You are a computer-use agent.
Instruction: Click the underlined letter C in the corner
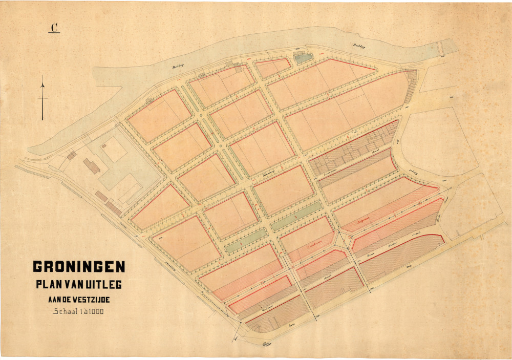point(54,28)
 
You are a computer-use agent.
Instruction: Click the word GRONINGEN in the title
point(79,267)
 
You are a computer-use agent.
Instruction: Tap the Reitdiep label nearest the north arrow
point(178,66)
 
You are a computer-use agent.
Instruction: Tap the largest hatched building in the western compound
point(92,165)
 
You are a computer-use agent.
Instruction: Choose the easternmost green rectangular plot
point(297,216)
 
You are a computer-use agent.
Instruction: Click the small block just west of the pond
point(272,68)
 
